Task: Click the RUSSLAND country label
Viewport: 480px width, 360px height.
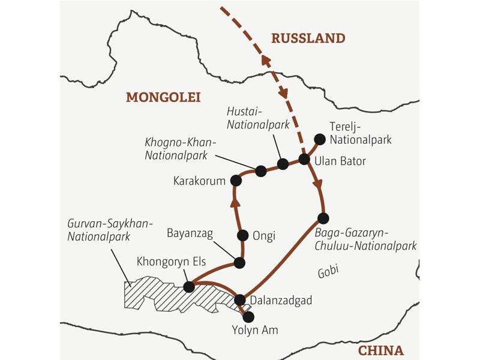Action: point(308,38)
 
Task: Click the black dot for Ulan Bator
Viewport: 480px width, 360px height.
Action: point(304,159)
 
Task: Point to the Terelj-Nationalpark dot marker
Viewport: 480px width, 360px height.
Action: point(320,139)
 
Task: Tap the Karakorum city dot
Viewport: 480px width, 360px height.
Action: point(235,180)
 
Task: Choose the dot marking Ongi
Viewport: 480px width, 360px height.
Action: point(243,235)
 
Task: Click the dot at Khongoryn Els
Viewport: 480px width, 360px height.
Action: point(189,287)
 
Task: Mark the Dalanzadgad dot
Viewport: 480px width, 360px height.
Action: point(240,299)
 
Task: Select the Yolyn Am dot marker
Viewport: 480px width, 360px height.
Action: point(247,316)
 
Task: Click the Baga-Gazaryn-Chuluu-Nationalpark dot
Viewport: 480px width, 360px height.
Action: point(323,218)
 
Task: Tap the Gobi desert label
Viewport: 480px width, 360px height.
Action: point(328,271)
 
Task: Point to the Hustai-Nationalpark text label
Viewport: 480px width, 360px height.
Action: point(259,119)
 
